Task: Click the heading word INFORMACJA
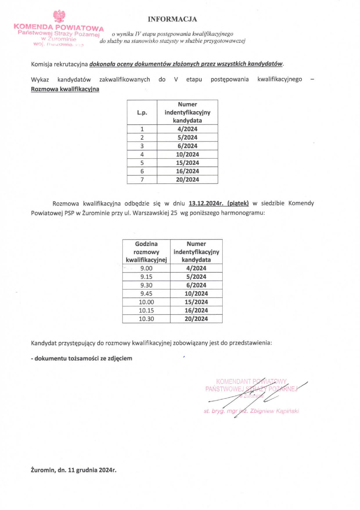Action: (x=172, y=19)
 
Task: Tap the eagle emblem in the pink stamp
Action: (x=59, y=16)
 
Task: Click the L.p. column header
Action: (x=142, y=112)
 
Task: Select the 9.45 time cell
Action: (x=146, y=294)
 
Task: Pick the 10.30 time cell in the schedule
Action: (x=146, y=319)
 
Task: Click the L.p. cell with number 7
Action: (x=142, y=180)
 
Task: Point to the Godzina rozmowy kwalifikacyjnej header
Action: (x=146, y=252)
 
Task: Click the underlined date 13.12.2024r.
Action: (x=206, y=203)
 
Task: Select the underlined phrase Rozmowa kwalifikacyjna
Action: (x=65, y=89)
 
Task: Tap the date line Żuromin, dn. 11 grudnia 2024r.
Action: (x=73, y=470)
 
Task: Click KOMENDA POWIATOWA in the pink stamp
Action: (x=59, y=28)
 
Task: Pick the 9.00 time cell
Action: (x=146, y=268)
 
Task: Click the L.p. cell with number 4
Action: (x=142, y=154)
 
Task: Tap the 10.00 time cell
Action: (x=146, y=302)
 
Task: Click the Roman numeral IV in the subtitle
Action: (x=138, y=34)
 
